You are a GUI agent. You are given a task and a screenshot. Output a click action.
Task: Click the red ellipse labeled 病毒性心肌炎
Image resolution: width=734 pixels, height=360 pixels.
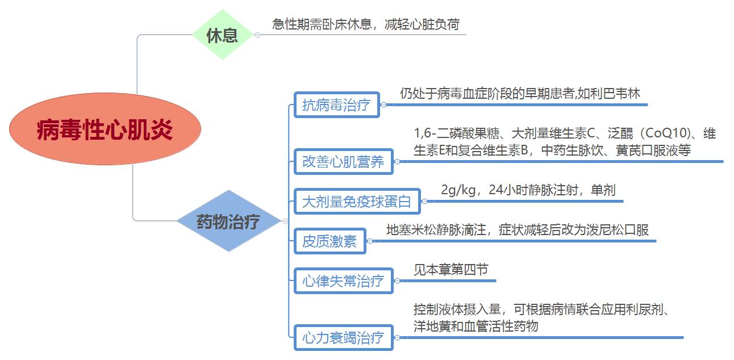pos(105,129)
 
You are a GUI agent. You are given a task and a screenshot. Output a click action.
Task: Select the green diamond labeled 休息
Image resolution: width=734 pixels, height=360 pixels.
pos(223,35)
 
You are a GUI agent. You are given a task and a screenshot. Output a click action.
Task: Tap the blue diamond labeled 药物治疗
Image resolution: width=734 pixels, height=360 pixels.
pos(229,221)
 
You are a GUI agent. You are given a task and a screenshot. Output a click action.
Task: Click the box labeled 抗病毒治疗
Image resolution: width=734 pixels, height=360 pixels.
pos(337,105)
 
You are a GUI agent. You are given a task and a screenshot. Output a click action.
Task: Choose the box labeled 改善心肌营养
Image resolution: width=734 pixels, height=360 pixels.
pos(343,161)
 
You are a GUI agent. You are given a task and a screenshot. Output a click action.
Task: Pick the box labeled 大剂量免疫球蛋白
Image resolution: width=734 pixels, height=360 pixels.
pos(357,202)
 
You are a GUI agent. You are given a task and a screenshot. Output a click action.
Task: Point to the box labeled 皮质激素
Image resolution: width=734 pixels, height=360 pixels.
pos(330,241)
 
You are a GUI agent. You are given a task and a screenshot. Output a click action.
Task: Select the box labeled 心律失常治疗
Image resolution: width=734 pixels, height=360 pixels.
pos(343,281)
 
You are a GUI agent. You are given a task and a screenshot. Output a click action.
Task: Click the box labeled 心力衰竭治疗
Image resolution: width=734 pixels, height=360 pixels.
pos(343,337)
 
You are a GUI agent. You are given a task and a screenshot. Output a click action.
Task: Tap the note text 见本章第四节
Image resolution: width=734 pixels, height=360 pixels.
pos(451,270)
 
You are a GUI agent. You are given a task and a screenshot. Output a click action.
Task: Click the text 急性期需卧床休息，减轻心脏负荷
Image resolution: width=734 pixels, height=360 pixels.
pos(366,24)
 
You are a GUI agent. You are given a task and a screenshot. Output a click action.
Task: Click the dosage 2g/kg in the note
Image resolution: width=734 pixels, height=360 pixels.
pos(458,190)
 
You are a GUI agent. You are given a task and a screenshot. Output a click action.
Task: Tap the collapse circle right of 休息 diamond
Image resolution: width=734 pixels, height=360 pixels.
pos(257,35)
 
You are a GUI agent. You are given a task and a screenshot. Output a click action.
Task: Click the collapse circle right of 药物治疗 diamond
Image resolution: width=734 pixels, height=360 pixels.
pos(285,221)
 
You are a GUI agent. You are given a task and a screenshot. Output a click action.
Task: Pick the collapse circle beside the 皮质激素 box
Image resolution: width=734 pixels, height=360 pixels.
pos(370,241)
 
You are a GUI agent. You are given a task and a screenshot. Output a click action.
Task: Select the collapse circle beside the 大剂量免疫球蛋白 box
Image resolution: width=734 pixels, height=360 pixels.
pos(425,201)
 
